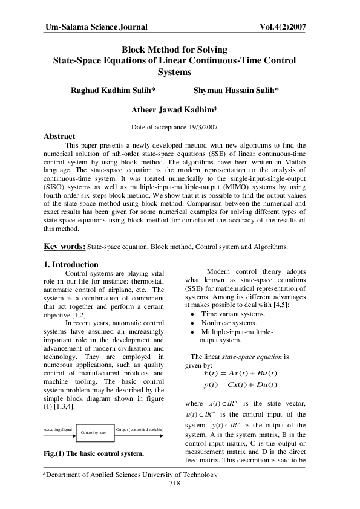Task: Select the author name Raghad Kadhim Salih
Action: (x=114, y=90)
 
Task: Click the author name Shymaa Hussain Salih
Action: (x=236, y=90)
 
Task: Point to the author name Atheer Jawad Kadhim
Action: (x=174, y=110)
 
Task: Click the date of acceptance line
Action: (x=174, y=127)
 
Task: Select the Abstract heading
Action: (x=59, y=137)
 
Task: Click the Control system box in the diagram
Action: (x=93, y=433)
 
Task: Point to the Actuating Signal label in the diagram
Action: (x=58, y=429)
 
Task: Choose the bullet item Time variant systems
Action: (x=229, y=314)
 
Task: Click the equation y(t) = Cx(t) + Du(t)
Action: (x=240, y=385)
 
